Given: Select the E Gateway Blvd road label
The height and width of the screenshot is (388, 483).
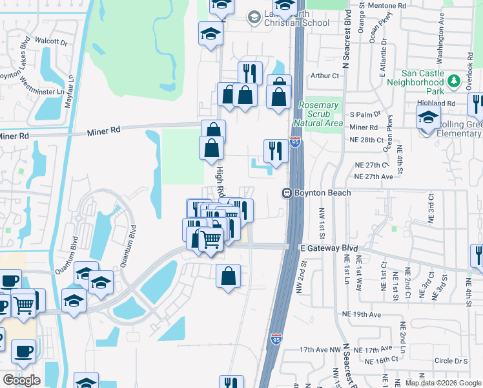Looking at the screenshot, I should tap(329, 248).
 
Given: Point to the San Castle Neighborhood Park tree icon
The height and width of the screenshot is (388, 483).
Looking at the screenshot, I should tap(455, 81).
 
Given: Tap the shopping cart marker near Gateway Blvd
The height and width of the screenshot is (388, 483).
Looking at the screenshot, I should tap(211, 240).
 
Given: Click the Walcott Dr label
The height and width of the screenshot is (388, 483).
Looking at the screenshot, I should tap(52, 41).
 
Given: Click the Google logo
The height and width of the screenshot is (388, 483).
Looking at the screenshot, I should tap(21, 380).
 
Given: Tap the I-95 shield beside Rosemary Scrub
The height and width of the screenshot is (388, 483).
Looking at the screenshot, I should tap(294, 142).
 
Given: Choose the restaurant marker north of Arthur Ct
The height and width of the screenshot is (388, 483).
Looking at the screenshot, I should tap(249, 72).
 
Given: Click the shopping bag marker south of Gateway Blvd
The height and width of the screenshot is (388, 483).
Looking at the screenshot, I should tap(228, 276).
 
